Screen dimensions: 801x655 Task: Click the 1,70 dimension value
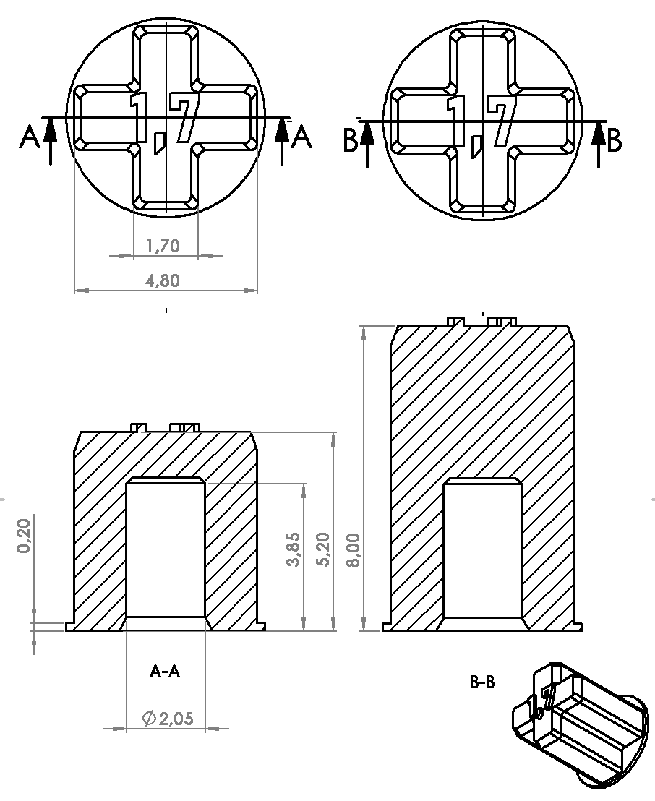pos(163,247)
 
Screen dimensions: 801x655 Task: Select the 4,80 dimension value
pos(163,280)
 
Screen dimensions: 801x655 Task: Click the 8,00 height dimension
pos(354,551)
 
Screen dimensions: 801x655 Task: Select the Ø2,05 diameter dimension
pos(169,719)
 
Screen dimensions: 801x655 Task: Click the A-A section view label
pos(165,672)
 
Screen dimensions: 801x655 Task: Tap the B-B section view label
pos(482,682)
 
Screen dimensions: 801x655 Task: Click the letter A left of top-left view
pos(30,137)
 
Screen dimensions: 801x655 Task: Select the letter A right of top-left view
pos(301,137)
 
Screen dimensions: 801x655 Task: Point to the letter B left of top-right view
pos(350,142)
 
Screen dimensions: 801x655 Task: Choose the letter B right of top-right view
pos(615,141)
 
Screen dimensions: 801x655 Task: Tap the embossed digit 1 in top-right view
pos(455,119)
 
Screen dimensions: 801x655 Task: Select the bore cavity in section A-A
pos(166,549)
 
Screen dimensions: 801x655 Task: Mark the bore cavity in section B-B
pos(482,549)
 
